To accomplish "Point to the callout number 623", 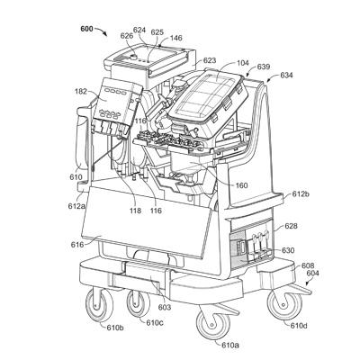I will pyautogui.click(x=209, y=61).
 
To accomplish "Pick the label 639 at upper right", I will pyautogui.click(x=263, y=67).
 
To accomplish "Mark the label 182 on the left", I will pyautogui.click(x=82, y=92).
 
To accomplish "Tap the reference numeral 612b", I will pyautogui.click(x=300, y=194).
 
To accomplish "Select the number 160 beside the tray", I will pyautogui.click(x=242, y=186).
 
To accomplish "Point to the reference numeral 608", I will pyautogui.click(x=307, y=266).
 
